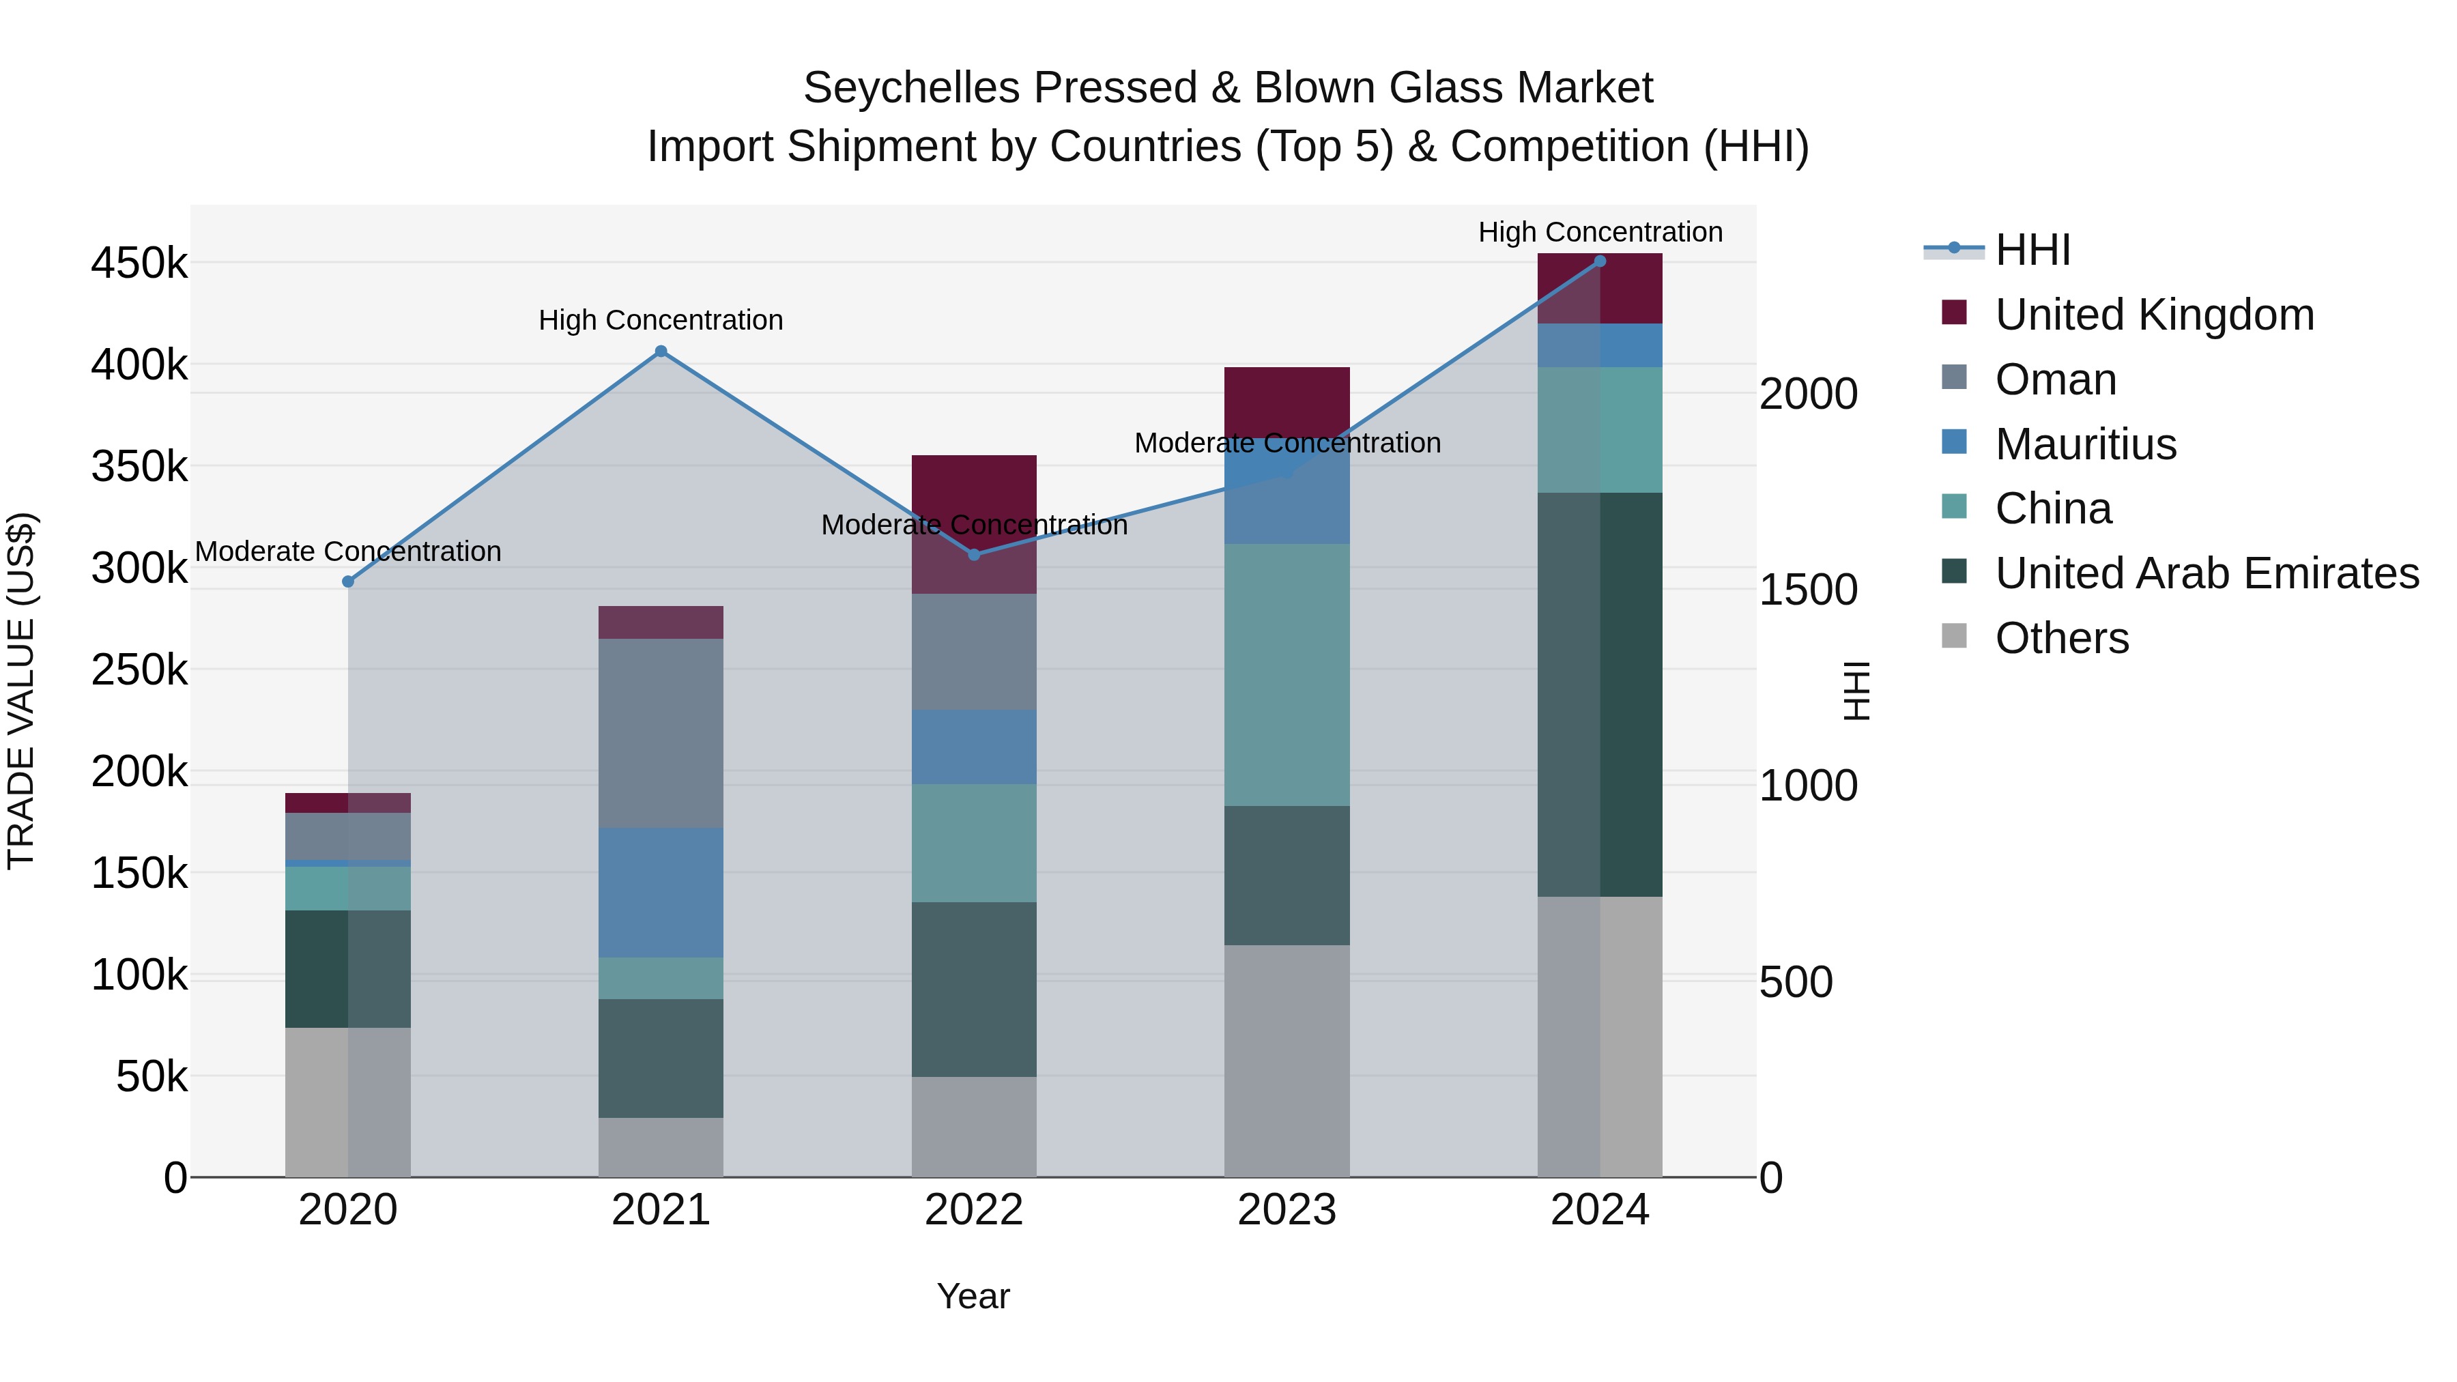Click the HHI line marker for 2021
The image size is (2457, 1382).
660,351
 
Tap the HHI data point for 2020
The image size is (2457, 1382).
348,581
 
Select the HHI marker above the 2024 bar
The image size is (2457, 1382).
1600,261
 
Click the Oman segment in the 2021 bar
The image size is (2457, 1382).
660,732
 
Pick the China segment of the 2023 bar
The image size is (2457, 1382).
1287,674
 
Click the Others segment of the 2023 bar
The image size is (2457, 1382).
1287,1060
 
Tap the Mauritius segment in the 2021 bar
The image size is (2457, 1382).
660,892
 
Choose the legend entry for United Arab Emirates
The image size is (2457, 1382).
2206,573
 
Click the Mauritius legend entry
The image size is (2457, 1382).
2085,444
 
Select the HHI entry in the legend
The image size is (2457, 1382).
2032,250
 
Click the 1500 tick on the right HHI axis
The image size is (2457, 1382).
1807,590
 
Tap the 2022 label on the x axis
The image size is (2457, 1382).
974,1209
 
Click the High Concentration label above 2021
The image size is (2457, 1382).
660,321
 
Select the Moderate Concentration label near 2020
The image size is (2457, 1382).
348,551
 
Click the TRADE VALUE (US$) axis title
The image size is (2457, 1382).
21,691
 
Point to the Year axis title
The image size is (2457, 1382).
973,1296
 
